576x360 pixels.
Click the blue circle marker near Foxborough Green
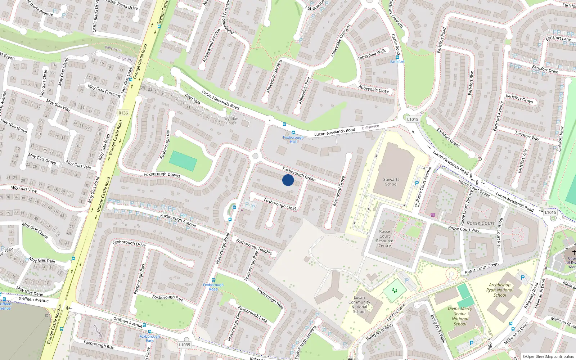pos(288,180)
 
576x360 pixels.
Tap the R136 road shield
pos(123,113)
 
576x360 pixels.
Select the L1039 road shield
pos(184,345)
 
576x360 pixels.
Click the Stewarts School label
pos(391,182)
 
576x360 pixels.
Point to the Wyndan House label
pos(231,121)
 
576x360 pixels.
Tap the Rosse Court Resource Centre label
pos(384,239)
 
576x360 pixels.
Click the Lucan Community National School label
pos(359,305)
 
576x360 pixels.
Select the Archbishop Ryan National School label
pos(500,290)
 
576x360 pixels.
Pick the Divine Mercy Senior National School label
pos(460,316)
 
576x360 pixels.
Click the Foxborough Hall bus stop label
pos(293,139)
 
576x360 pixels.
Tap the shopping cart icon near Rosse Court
pos(433,215)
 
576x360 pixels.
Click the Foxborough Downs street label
pos(162,174)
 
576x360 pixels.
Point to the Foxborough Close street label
pos(280,204)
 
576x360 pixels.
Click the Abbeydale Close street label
pos(373,89)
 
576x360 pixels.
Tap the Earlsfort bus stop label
pos(397,62)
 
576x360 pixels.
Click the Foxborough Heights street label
pos(254,247)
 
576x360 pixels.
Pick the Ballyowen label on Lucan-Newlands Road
pos(370,127)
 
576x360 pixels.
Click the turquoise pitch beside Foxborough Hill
pos(183,161)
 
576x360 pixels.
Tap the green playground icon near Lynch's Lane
pos(395,290)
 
